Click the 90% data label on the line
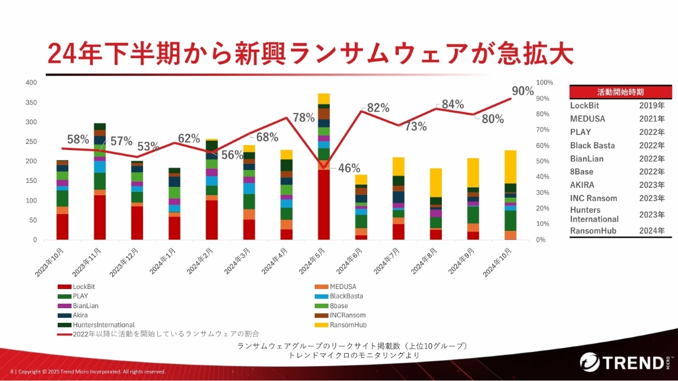(x=522, y=91)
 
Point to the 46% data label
(x=349, y=168)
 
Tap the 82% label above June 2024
(x=378, y=108)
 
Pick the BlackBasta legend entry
(x=346, y=296)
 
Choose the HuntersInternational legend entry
(x=103, y=325)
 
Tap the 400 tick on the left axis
(x=31, y=82)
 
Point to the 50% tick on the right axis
(x=544, y=161)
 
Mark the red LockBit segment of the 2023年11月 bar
(x=100, y=217)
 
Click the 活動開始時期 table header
(x=620, y=91)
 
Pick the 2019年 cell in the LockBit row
(x=652, y=106)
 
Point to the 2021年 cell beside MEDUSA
(x=652, y=119)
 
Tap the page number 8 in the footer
(x=12, y=371)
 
